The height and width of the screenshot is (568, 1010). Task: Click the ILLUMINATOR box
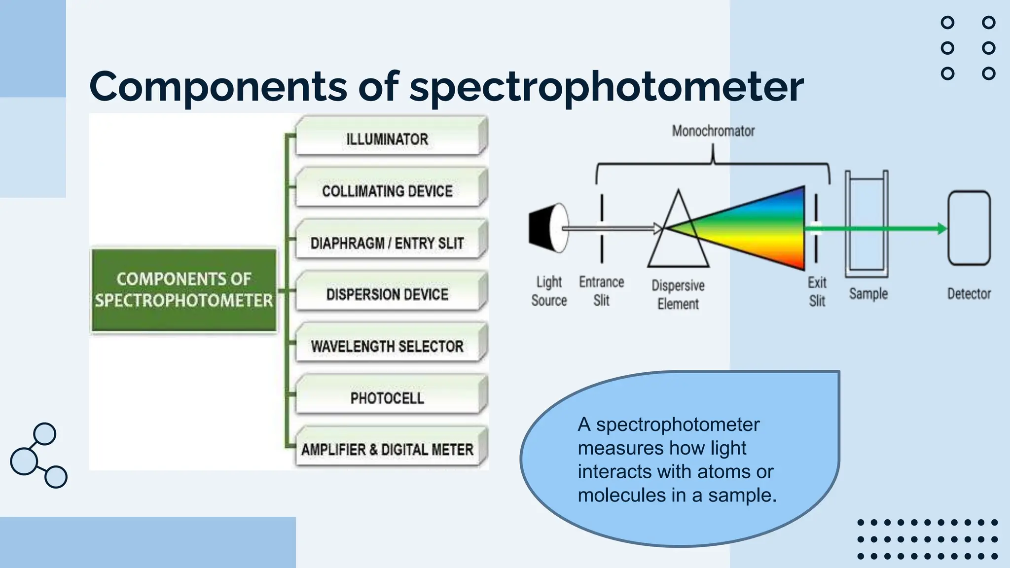[388, 139]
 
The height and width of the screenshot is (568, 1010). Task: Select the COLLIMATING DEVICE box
[388, 190]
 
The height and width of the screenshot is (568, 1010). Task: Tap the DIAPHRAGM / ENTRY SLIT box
[388, 243]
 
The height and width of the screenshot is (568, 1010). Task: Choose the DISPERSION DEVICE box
[388, 294]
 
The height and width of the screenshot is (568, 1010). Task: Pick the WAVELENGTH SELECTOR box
[388, 346]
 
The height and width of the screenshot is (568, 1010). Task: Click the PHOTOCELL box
[388, 398]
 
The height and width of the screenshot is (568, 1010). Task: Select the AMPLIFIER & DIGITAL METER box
[388, 449]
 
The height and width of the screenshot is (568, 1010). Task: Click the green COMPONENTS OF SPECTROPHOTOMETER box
[184, 290]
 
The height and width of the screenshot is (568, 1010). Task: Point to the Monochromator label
[713, 131]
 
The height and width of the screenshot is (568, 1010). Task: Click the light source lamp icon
[548, 228]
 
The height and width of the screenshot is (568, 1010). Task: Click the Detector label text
[969, 294]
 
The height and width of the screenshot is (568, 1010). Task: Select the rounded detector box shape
[969, 228]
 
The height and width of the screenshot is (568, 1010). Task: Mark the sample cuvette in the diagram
[866, 224]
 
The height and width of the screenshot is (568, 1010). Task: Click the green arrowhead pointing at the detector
[941, 228]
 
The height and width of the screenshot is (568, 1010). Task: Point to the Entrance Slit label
[601, 291]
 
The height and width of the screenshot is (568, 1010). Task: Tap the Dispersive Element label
[678, 294]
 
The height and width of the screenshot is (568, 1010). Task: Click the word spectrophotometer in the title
[606, 87]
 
